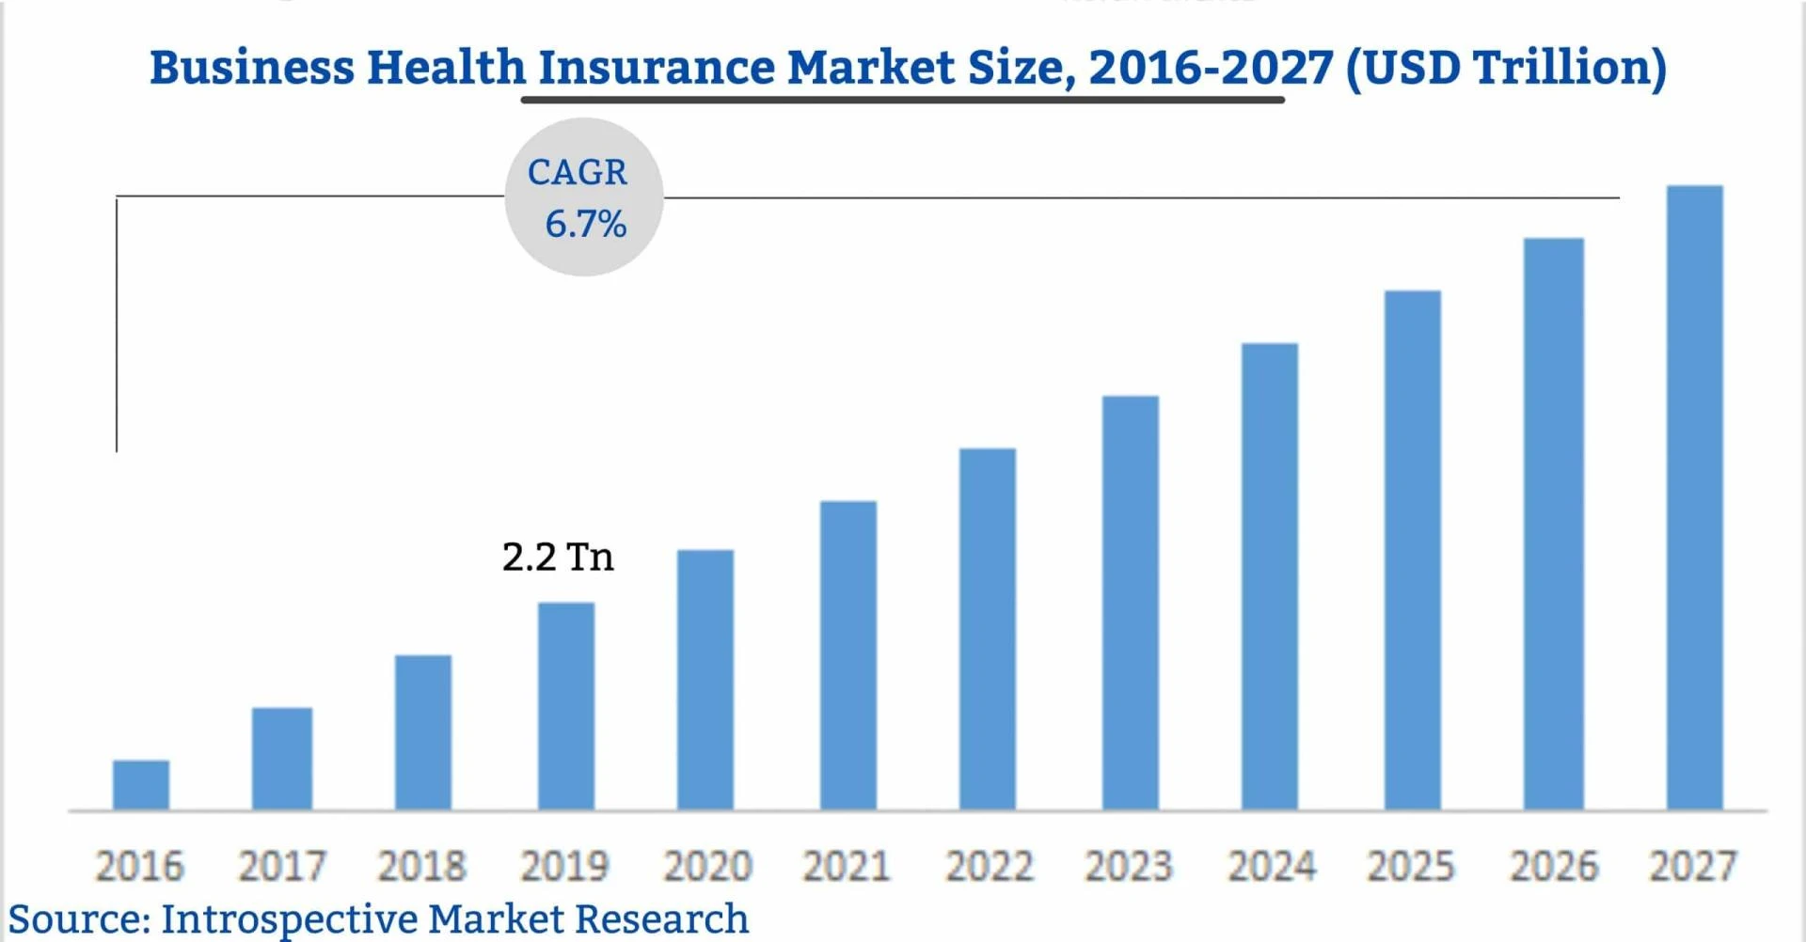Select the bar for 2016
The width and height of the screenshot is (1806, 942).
pos(141,785)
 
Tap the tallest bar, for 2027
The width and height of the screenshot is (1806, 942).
pos(1695,498)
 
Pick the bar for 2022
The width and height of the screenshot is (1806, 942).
pos(988,629)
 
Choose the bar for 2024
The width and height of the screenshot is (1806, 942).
pos(1270,576)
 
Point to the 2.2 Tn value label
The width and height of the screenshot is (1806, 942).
pos(558,557)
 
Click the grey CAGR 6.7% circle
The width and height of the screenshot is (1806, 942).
pos(584,197)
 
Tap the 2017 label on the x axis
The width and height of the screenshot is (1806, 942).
pos(281,866)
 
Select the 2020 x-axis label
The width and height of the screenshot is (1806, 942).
pos(707,866)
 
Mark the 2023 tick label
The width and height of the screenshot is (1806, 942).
pos(1129,866)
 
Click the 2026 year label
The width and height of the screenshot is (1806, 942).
pos(1554,866)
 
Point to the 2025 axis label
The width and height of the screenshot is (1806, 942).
pos(1411,866)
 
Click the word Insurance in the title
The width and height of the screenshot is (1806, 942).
pos(656,68)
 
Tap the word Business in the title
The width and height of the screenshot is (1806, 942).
pos(252,68)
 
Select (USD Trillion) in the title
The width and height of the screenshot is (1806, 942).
pos(1506,68)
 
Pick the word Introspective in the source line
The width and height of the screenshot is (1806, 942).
pos(289,918)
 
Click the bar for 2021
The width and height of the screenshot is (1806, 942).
pos(848,655)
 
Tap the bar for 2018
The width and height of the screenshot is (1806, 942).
pos(423,732)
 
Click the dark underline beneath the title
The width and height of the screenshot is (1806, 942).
pos(903,98)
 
